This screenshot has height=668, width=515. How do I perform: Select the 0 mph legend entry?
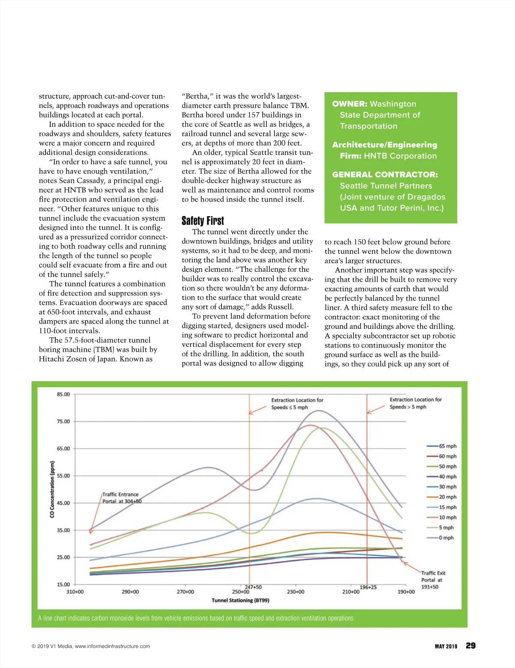(446, 538)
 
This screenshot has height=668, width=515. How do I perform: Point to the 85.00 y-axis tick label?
(63, 394)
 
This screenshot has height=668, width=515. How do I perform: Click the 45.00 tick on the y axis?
(63, 503)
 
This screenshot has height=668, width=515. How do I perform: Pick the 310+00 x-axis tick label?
(75, 592)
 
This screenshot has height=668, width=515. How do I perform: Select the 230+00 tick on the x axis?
(296, 592)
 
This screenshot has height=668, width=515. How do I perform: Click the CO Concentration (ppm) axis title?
(52, 489)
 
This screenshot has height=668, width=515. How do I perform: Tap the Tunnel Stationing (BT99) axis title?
(240, 600)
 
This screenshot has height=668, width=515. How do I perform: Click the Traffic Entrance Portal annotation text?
(121, 498)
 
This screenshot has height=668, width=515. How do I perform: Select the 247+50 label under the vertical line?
(253, 587)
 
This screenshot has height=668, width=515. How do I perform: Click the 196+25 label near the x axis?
(368, 587)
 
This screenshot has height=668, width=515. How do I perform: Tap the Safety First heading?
(203, 221)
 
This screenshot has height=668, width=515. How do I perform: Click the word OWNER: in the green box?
(349, 104)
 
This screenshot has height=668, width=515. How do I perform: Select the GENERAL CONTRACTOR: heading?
(385, 175)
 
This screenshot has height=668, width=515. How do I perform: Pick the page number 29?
(470, 646)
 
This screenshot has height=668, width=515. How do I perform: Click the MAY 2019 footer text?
(446, 646)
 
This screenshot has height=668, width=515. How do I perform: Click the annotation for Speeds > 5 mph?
(415, 403)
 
